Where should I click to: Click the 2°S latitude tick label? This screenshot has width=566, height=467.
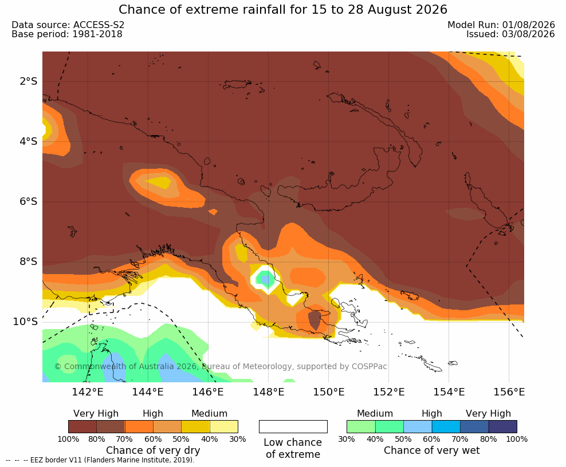click(29, 81)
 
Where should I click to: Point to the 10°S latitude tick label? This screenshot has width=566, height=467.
click(25, 322)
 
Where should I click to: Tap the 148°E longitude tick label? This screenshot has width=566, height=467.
click(268, 391)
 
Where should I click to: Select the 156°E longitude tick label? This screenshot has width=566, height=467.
click(509, 391)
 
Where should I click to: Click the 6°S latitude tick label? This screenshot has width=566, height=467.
click(29, 201)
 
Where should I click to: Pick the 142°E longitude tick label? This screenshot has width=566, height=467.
click(88, 391)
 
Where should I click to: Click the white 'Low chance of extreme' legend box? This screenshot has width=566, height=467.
click(293, 426)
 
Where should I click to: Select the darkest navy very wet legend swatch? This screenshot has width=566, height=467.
click(503, 426)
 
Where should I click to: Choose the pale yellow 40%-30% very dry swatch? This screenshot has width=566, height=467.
click(224, 426)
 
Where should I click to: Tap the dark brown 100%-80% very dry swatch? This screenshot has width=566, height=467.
click(82, 426)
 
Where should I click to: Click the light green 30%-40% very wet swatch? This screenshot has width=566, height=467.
click(361, 426)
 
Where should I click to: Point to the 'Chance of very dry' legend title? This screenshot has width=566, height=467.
click(153, 450)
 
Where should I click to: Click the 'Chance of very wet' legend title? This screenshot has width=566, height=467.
click(432, 450)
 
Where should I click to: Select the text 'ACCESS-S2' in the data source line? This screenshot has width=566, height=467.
click(99, 25)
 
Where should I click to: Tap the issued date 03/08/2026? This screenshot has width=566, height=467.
click(528, 34)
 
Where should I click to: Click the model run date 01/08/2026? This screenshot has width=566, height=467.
click(528, 25)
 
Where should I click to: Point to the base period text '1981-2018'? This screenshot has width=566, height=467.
click(97, 34)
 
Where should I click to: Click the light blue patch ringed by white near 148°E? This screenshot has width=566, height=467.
click(266, 279)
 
